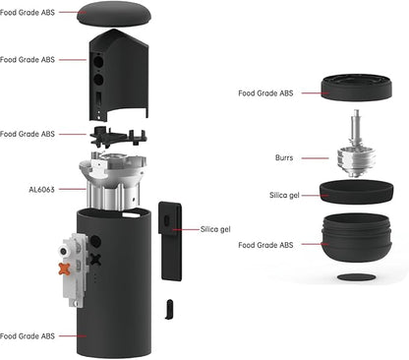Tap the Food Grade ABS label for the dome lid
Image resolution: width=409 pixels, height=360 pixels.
(28, 13)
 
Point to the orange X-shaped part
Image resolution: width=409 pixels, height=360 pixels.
(65, 269)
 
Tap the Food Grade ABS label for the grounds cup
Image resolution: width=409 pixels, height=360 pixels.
(265, 244)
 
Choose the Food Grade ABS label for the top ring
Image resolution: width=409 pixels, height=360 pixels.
(265, 93)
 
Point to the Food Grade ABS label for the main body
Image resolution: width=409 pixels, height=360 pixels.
(28, 335)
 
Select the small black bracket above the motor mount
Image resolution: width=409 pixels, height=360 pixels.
(118, 135)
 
